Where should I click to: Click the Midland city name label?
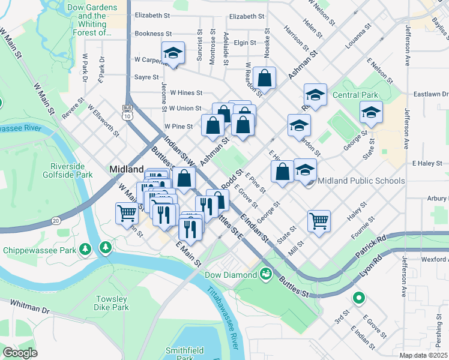coord(126,169)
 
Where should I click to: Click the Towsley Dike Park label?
coord(111,303)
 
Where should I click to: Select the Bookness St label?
coord(154,34)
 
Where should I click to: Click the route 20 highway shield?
coord(56,221)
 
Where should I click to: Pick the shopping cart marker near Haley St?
coord(319,220)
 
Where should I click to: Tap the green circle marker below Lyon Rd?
coord(358,297)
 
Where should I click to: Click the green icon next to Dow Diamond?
coord(265,274)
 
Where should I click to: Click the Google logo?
coord(20,353)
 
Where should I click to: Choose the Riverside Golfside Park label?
coord(71,170)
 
